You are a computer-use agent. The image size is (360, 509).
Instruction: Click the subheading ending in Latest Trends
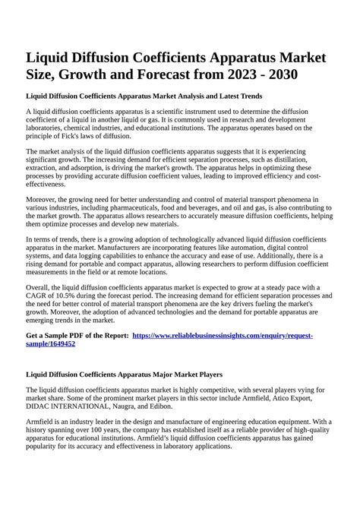click(x=144, y=97)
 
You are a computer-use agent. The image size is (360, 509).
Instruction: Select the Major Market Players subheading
click(x=125, y=375)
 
